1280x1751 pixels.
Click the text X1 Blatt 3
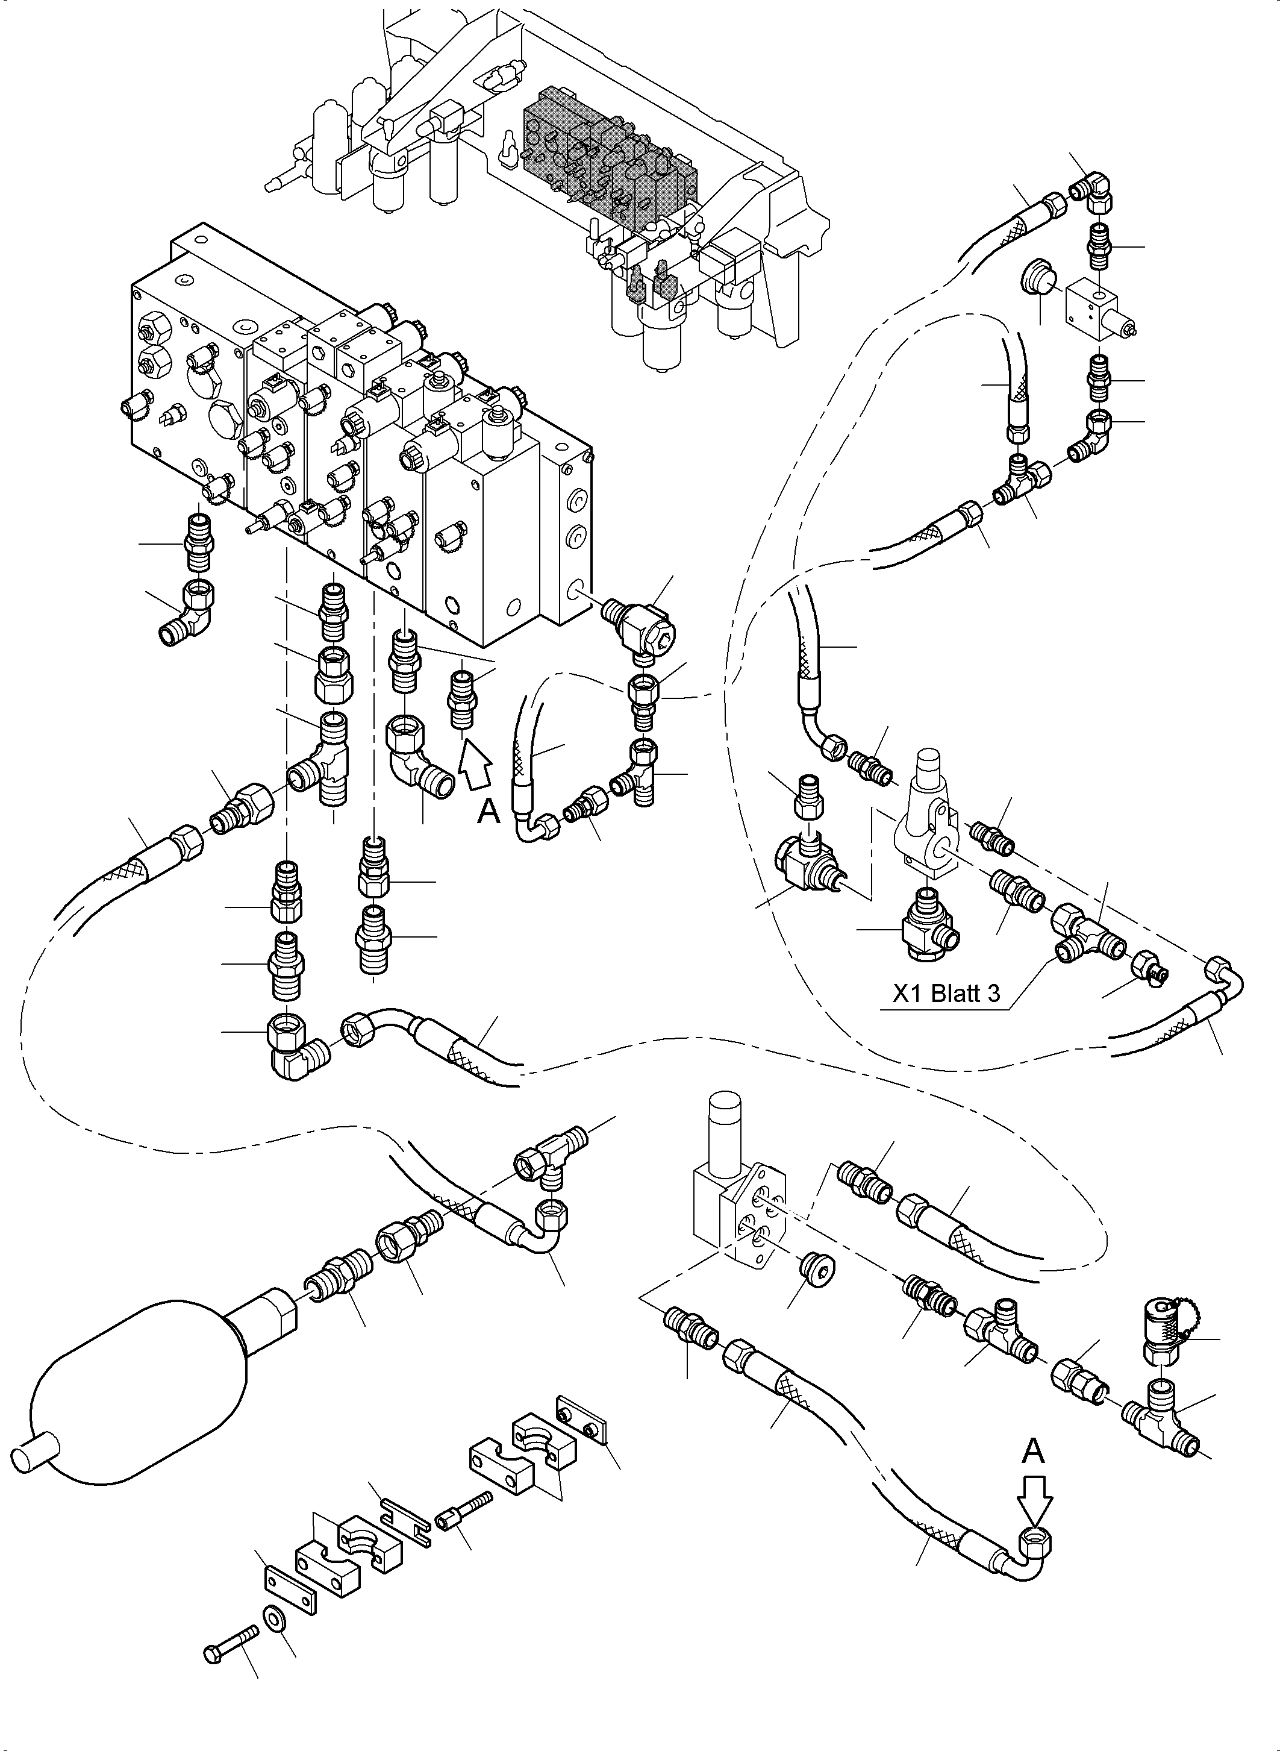(x=946, y=993)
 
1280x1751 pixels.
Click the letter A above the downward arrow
(x=1033, y=1450)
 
